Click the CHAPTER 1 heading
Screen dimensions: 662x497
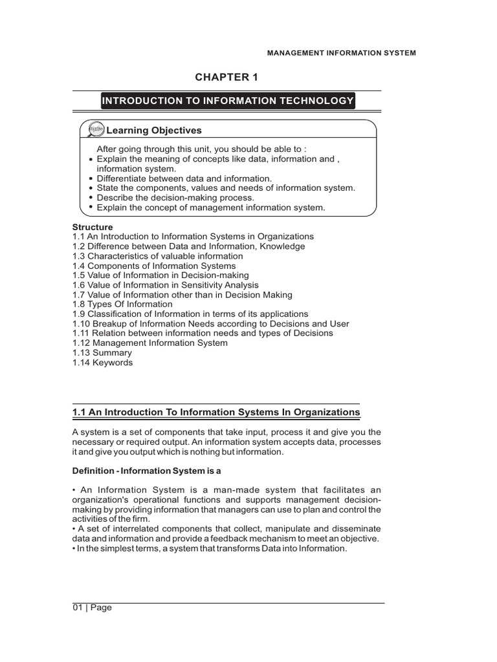[x=226, y=78]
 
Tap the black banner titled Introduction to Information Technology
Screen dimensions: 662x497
[x=227, y=100]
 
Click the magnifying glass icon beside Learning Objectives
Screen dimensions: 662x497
[x=94, y=131]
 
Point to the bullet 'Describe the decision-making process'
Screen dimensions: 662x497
[x=175, y=197]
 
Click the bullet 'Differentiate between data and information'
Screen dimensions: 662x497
[x=184, y=178]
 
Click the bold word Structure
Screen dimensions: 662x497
[x=92, y=227]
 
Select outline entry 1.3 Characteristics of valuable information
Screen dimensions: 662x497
[x=157, y=256]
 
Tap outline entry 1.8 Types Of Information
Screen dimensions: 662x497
[x=122, y=304]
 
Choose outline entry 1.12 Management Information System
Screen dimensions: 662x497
[x=149, y=343]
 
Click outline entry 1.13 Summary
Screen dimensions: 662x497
[x=102, y=353]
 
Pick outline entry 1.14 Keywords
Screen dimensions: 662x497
[x=102, y=363]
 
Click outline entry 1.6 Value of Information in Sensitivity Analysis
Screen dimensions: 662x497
[x=165, y=285]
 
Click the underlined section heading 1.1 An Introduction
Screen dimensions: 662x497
[x=215, y=412]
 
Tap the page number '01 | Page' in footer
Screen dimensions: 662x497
[x=92, y=608]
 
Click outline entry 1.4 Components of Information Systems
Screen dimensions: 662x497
[x=153, y=266]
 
